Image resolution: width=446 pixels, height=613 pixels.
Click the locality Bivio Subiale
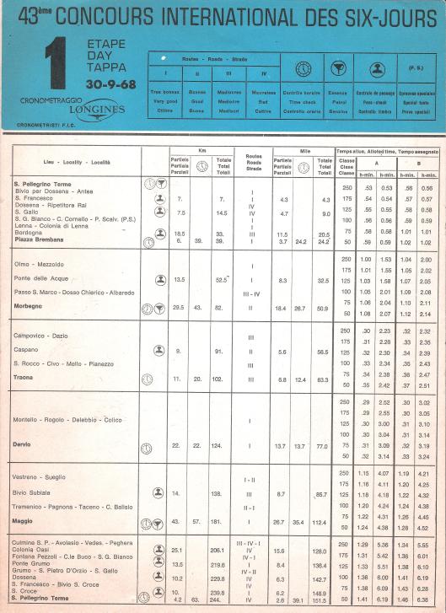coord(35,492)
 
